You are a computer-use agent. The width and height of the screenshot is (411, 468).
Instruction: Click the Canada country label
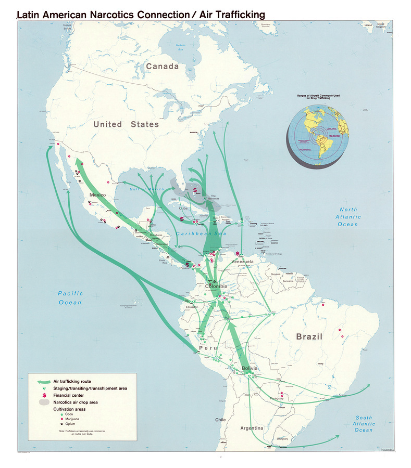click(x=162, y=67)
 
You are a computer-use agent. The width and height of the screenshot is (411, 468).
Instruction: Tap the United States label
click(x=126, y=124)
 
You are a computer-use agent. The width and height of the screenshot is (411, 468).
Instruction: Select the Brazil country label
click(x=309, y=336)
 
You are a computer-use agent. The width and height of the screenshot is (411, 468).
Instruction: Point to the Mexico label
click(x=97, y=195)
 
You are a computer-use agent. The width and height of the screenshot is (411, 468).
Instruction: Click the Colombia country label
click(x=216, y=287)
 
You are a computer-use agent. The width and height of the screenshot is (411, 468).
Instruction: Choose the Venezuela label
click(x=242, y=261)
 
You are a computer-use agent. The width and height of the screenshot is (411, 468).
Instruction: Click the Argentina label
click(x=252, y=428)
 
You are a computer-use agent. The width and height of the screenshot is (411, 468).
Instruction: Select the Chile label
click(x=220, y=420)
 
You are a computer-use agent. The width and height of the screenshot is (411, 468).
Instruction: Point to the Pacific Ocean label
click(x=70, y=298)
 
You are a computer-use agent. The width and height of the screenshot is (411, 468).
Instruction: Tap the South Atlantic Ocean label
click(x=364, y=424)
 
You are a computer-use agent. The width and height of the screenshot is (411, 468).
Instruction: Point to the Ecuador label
click(x=191, y=307)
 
